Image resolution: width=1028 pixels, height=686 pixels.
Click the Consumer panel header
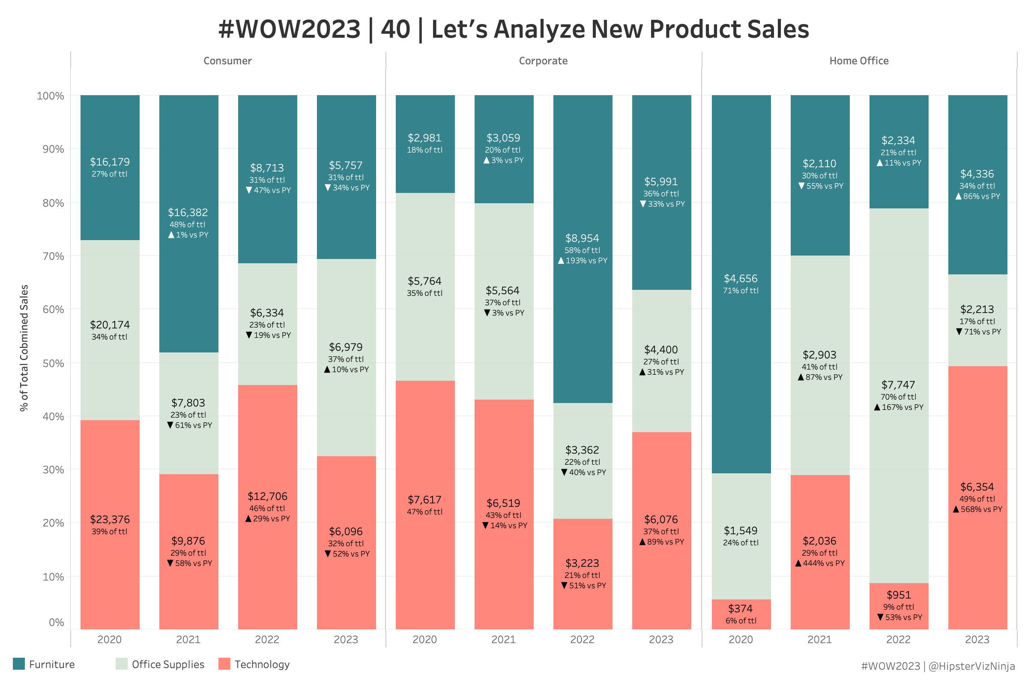[227, 61]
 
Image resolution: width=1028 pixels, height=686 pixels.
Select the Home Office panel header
[859, 61]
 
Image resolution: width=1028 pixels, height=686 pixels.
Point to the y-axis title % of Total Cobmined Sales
[24, 348]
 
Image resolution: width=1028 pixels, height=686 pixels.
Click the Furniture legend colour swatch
[19, 664]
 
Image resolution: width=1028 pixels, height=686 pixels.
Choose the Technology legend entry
[262, 664]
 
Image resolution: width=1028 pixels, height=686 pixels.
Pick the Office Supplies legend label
[168, 664]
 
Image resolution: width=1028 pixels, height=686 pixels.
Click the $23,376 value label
[110, 519]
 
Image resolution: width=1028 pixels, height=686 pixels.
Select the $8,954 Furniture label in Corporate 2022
[582, 238]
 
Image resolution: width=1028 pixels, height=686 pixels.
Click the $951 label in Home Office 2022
[899, 595]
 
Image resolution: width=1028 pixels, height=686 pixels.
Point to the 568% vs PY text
[981, 509]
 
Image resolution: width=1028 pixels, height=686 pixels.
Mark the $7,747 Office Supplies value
[898, 385]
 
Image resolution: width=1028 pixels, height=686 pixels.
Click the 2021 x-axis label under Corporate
[504, 640]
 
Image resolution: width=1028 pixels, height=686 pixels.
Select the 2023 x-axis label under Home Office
[977, 640]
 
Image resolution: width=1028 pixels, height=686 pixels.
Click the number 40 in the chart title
[395, 29]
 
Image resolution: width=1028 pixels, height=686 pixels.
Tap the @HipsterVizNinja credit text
[971, 666]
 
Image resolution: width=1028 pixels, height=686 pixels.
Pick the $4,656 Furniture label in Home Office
[741, 278]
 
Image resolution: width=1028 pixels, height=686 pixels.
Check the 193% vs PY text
[586, 261]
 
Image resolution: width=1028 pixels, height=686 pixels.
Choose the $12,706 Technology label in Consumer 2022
[267, 496]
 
